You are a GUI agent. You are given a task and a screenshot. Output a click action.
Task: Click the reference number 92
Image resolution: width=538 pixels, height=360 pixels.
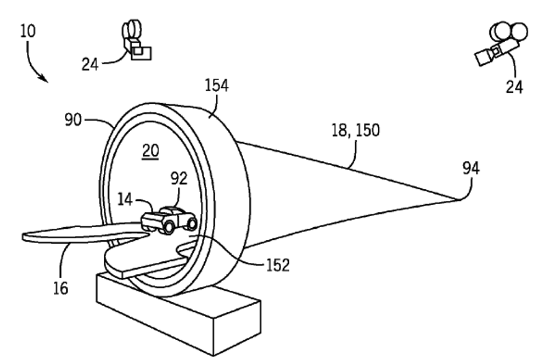coord(178,178)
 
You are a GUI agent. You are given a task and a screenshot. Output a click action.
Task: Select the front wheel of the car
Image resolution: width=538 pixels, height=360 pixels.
coord(166,227)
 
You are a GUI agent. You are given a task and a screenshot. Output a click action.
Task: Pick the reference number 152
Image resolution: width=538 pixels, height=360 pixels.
coord(277,265)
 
